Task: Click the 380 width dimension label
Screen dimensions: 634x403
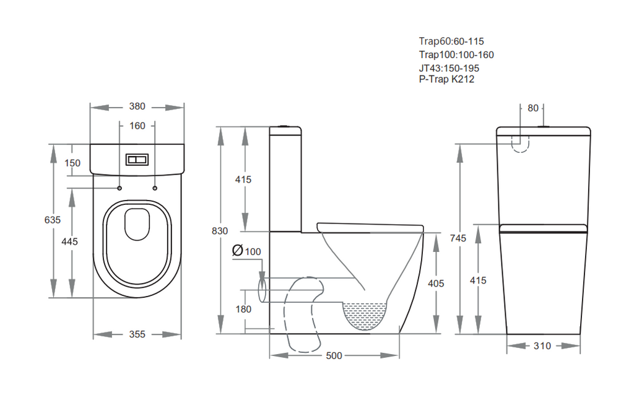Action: point(137,106)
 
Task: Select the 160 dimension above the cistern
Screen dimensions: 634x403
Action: point(137,126)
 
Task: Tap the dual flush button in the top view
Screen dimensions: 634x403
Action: point(137,160)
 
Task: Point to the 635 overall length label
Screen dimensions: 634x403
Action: point(53,220)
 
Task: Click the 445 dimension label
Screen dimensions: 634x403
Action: point(69,241)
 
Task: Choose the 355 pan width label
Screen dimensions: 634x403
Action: point(137,334)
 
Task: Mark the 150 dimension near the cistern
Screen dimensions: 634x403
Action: point(72,163)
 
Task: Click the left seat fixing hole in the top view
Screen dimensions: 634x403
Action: point(119,188)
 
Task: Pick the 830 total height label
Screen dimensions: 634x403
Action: point(220,231)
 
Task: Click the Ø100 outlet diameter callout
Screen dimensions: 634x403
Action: point(246,251)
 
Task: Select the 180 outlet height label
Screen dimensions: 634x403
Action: point(243,310)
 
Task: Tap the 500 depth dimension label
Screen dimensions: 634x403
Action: point(334,356)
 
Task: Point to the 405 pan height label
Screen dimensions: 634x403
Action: point(436,284)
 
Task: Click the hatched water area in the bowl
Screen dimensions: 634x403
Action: point(364,315)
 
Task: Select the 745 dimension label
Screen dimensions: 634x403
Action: point(458,238)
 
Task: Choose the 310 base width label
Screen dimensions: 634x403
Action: point(542,345)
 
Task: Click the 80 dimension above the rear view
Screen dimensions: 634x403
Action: point(533,108)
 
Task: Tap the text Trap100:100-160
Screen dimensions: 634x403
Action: point(456,54)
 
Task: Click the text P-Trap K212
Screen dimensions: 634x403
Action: point(446,79)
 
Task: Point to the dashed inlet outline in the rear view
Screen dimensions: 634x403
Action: point(520,151)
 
